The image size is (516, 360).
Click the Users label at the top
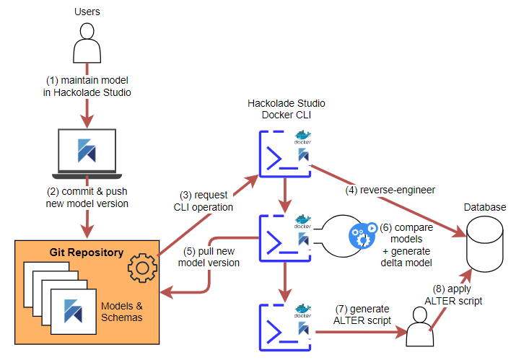click(x=87, y=12)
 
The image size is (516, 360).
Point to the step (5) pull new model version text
click(x=209, y=258)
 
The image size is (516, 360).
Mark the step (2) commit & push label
click(x=87, y=198)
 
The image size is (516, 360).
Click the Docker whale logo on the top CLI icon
click(x=302, y=136)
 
